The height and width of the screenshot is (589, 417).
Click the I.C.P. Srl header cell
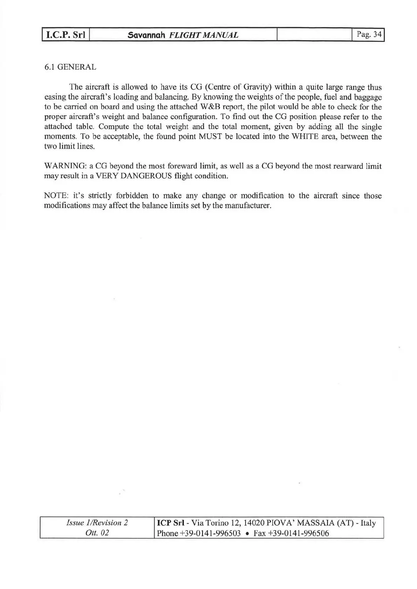pyautogui.click(x=65, y=35)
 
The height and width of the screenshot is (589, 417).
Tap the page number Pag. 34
pyautogui.click(x=368, y=34)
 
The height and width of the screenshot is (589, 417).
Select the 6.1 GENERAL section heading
pyautogui.click(x=70, y=67)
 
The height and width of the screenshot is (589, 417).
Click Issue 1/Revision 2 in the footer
pyautogui.click(x=97, y=523)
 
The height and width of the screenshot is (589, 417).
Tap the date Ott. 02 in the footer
pyautogui.click(x=97, y=533)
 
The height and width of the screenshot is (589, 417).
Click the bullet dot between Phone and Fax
pyautogui.click(x=247, y=534)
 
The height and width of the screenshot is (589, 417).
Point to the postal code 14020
pyautogui.click(x=254, y=523)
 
